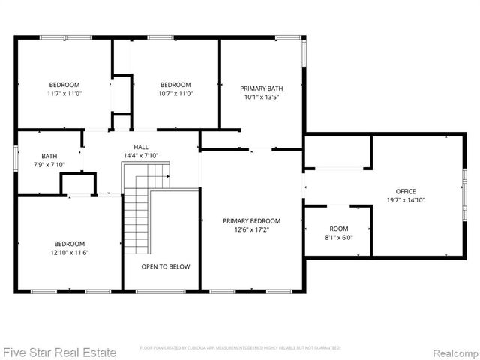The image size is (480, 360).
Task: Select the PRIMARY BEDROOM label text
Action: click(x=251, y=221)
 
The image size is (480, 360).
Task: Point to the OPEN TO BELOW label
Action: click(x=166, y=266)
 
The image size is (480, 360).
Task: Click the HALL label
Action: click(x=141, y=147)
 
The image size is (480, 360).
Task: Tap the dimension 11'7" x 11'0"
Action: click(x=64, y=94)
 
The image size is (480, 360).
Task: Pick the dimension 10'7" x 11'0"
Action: click(x=175, y=94)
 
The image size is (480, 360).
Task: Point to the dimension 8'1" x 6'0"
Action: click(x=339, y=238)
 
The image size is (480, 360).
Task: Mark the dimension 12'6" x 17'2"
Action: click(x=251, y=230)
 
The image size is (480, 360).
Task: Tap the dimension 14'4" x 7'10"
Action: click(x=141, y=156)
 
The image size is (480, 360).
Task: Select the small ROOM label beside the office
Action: click(x=339, y=229)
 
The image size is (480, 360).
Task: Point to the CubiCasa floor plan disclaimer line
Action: click(x=240, y=348)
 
